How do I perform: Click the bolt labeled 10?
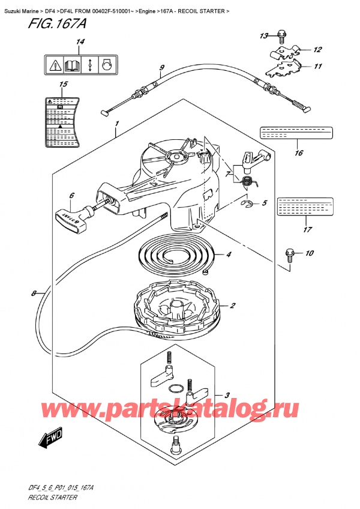click(x=291, y=254)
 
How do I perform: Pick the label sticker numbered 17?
click(x=304, y=207)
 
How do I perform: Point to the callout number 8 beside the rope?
click(x=34, y=294)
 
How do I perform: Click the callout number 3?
click(x=227, y=395)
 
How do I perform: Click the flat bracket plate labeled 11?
click(x=286, y=70)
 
